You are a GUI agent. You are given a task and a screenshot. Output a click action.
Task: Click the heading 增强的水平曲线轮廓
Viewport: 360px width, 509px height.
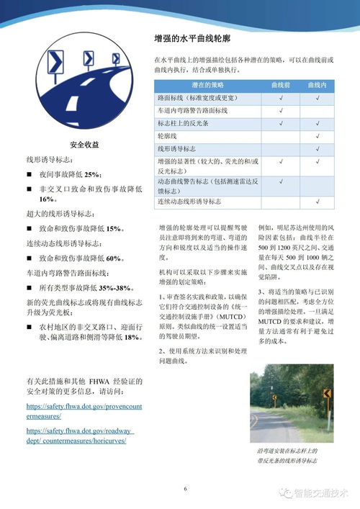point(192,38)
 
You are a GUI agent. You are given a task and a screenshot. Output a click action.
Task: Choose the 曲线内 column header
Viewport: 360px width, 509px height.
point(318,84)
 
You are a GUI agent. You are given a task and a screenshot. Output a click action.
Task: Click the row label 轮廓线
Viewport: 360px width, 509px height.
point(167,135)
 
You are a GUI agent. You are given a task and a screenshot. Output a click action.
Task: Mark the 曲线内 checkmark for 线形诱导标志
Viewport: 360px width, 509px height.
point(318,148)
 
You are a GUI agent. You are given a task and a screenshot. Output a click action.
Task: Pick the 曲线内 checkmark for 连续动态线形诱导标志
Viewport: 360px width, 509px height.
point(318,202)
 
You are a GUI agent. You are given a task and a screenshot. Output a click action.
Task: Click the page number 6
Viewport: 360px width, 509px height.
point(185,489)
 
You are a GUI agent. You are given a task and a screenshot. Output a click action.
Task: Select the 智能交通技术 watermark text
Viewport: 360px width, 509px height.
point(320,494)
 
